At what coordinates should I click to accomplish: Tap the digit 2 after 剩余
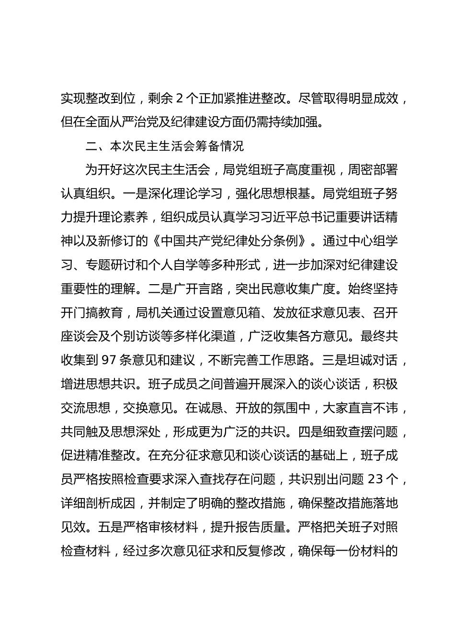(x=179, y=99)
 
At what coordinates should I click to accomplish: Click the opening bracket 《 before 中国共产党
(x=155, y=241)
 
